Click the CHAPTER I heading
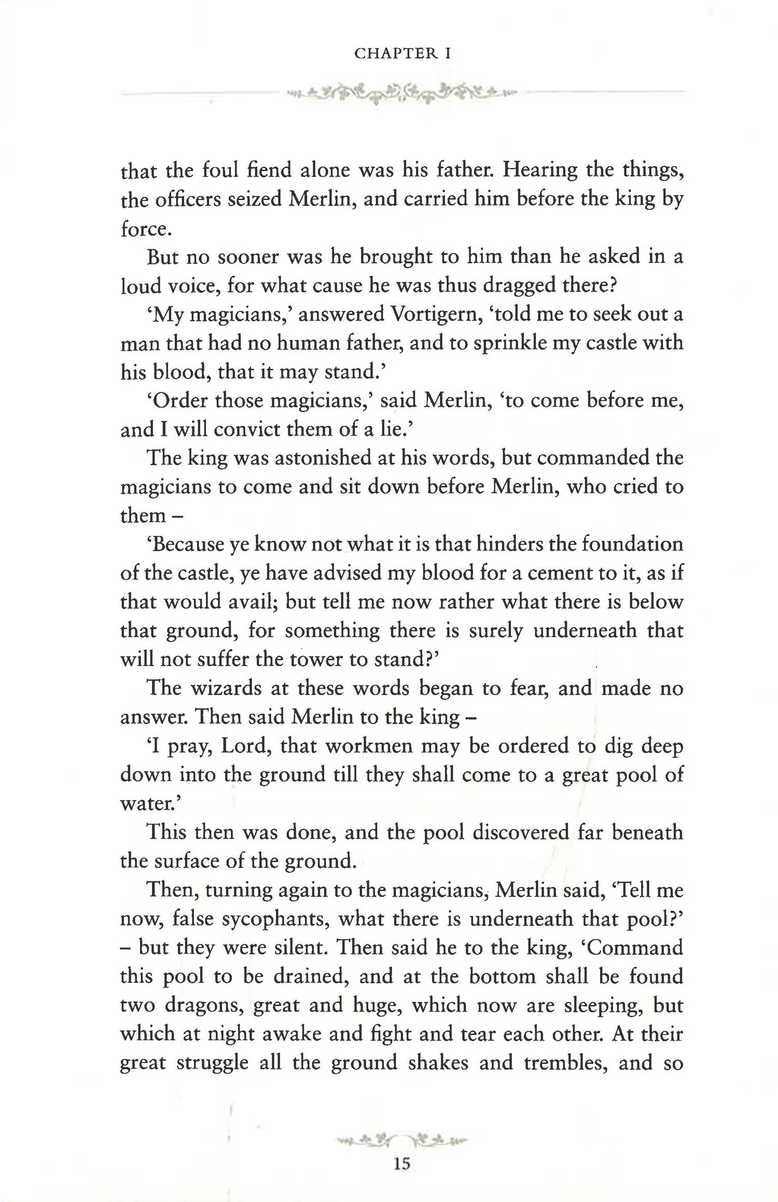[402, 53]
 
